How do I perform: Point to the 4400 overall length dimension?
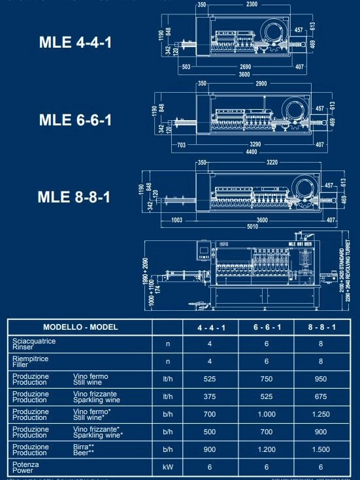[251, 152]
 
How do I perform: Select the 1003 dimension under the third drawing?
[176, 220]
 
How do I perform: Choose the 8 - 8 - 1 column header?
[319, 327]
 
